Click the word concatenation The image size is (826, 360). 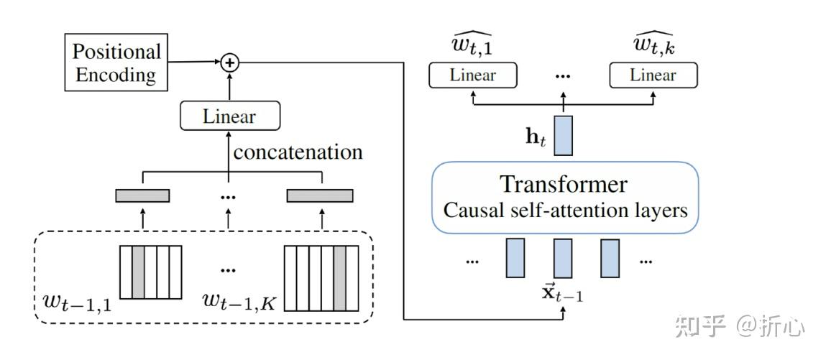pos(298,152)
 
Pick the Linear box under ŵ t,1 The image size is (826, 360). pos(472,75)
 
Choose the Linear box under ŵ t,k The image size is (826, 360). pos(653,75)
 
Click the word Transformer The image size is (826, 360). pos(564,185)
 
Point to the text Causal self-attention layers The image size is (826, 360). pos(565,211)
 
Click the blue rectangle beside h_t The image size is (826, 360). pos(563,136)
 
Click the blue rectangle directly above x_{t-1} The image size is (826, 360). pos(563,258)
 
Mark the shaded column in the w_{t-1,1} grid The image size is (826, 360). pos(138,272)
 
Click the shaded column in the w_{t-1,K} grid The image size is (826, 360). pos(340,278)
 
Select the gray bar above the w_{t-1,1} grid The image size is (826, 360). pos(142,195)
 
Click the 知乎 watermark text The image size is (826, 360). pos(701,326)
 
